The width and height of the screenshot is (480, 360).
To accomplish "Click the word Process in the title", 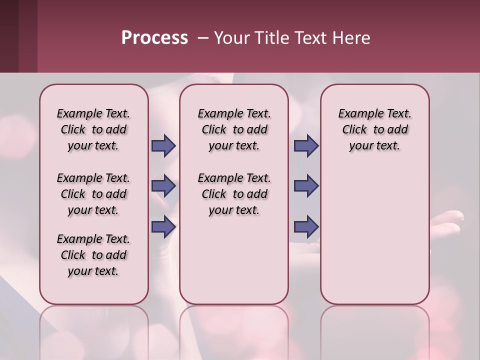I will pyautogui.click(x=154, y=38).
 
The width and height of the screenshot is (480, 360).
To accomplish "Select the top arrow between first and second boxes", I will pyautogui.click(x=163, y=145).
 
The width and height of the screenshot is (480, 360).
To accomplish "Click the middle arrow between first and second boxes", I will pyautogui.click(x=163, y=186).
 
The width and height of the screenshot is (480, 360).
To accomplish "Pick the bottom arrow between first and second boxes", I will pyautogui.click(x=163, y=227).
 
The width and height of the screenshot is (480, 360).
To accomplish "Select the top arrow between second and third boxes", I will pyautogui.click(x=306, y=145).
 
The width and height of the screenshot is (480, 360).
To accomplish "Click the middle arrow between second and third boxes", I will pyautogui.click(x=306, y=186).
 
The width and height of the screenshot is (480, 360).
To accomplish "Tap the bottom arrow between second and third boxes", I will pyautogui.click(x=306, y=227).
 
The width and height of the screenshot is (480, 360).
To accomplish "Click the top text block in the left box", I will pyautogui.click(x=93, y=129).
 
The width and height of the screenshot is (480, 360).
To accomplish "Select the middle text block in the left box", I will pyautogui.click(x=93, y=194).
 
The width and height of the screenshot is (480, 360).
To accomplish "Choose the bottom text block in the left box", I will pyautogui.click(x=93, y=255).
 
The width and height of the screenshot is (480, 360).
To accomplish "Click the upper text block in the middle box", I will pyautogui.click(x=234, y=129).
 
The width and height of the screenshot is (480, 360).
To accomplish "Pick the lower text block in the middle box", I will pyautogui.click(x=234, y=194).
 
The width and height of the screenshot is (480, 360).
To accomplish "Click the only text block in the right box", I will pyautogui.click(x=374, y=129).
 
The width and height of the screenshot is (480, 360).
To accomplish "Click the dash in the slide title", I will pyautogui.click(x=203, y=38).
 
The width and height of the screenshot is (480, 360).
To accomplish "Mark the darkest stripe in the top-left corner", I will pyautogui.click(x=9, y=36).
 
